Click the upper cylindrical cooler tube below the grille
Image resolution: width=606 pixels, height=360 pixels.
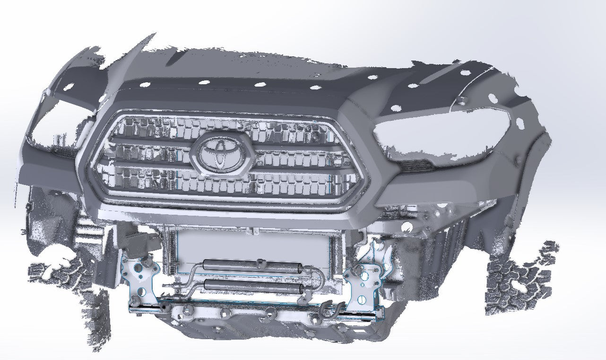[251, 266]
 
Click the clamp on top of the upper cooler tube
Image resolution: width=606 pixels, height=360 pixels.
[260, 261]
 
